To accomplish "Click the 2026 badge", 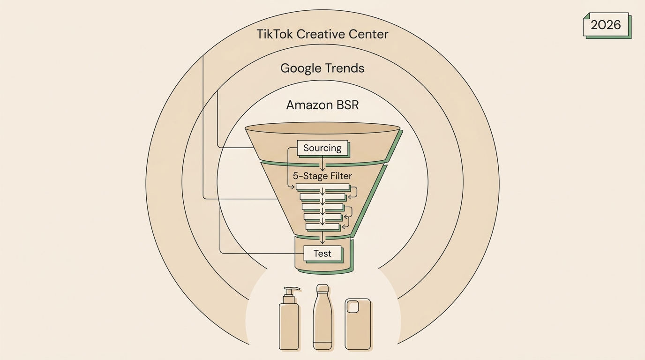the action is pos(607,25).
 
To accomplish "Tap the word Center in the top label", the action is pos(368,34).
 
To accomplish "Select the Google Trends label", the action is pos(322,68).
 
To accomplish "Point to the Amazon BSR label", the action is pos(322,105).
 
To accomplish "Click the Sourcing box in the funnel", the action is pos(322,148).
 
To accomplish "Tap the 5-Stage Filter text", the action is pos(322,176).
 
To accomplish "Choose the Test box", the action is pos(323,254).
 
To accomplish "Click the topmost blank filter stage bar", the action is pos(323,187).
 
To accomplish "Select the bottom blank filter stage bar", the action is pos(323,227).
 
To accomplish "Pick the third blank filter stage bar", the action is pos(323,207).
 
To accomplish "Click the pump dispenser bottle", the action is pos(289,318).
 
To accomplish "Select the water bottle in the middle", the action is pos(322,317).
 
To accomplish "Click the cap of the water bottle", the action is pos(322,288).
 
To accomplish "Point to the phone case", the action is pos(358,324).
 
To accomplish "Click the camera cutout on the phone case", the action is pos(352,307).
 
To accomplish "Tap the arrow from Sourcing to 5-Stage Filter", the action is pos(322,164).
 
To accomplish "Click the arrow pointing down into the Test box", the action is pos(322,238).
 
